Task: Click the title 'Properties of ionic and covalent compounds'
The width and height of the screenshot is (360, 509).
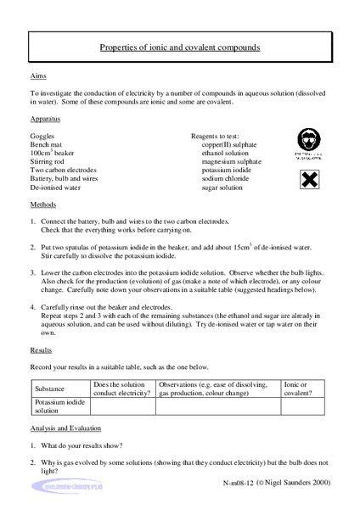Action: coord(179,48)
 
